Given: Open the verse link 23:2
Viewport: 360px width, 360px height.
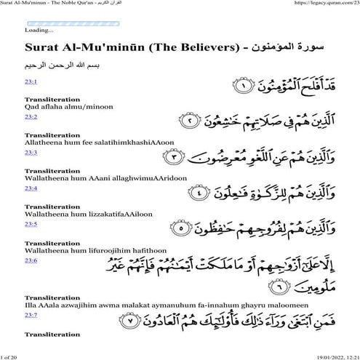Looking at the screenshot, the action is click(31, 116).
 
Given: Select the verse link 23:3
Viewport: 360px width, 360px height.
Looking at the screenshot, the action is click(31, 153).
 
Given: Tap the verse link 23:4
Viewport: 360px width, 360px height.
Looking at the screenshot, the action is click(31, 188).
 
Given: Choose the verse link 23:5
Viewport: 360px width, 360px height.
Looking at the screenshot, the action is click(31, 223).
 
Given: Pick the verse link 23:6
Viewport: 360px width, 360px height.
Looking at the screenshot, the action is click(31, 260).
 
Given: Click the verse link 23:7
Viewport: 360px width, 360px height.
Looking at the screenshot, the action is click(31, 315).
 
